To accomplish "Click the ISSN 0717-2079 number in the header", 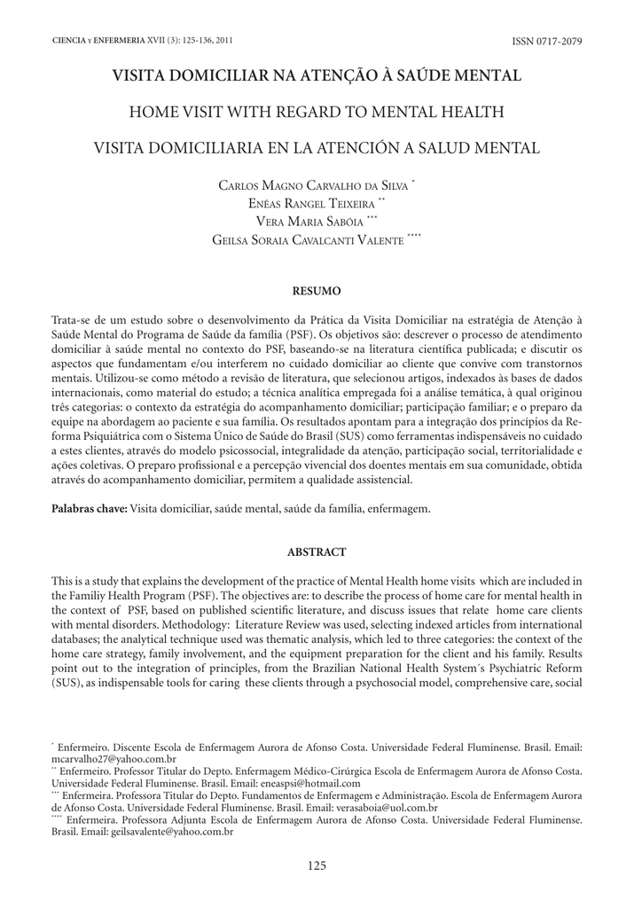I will [x=546, y=43].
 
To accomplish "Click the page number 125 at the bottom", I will [x=317, y=865].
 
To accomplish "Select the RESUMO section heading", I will [x=317, y=290].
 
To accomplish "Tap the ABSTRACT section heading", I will [x=317, y=552].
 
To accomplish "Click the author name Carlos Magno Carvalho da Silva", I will [x=314, y=184].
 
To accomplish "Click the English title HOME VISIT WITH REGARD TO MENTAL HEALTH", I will [x=317, y=112].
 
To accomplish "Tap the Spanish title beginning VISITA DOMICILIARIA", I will [x=317, y=147].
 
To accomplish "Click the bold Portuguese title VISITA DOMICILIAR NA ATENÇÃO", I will [x=317, y=77].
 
